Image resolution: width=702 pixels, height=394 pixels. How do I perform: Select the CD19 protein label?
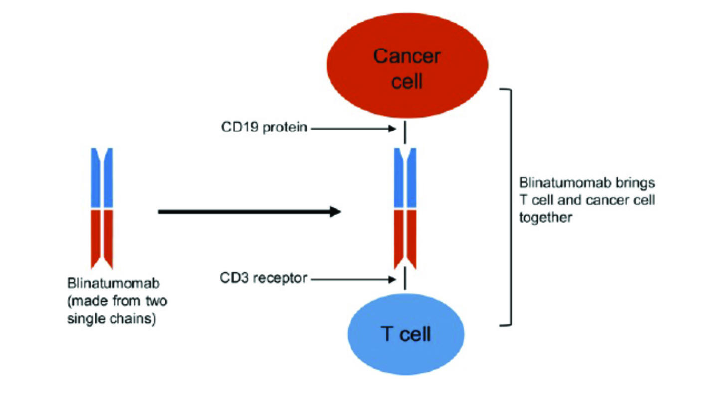click(264, 128)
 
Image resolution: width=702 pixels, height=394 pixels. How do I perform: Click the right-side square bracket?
click(510, 207)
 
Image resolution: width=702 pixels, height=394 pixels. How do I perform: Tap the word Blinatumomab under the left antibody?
click(113, 285)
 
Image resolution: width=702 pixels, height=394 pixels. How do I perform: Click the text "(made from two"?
click(117, 302)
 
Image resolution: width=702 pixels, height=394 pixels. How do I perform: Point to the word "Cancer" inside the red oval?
click(406, 56)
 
